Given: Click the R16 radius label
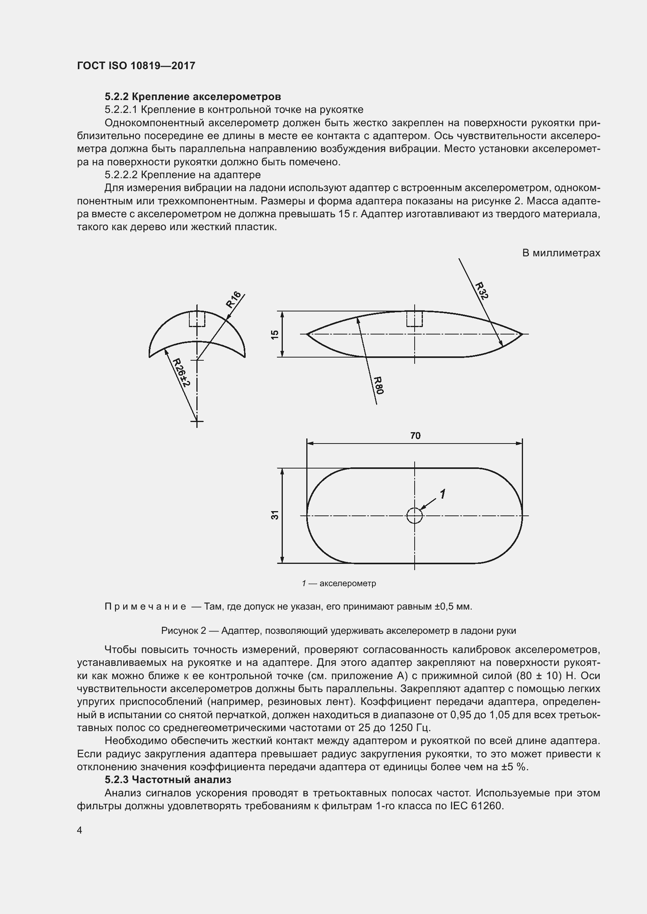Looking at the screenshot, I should click(234, 299).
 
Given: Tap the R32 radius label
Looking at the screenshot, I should click(482, 291).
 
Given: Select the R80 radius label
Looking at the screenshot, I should click(379, 385).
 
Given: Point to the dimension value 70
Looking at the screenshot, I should click(415, 436).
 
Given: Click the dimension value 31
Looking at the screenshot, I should click(275, 515).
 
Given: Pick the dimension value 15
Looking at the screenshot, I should click(275, 334).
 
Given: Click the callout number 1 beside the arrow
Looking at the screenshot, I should click(442, 494).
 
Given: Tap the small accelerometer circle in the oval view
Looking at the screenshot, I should click(414, 516).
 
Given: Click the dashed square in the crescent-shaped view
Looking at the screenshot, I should click(197, 318).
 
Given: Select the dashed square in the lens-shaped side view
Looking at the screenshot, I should click(414, 318).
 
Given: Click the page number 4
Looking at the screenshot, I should click(80, 830).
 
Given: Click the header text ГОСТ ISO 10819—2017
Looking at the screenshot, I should click(136, 66).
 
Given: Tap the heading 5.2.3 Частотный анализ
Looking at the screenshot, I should click(168, 780).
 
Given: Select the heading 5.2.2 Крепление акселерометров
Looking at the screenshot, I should click(193, 97).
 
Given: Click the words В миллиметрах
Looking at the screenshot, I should click(561, 253).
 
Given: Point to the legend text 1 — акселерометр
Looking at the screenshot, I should click(339, 583).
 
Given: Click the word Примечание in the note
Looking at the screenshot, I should click(146, 607).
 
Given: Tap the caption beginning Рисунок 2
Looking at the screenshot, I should click(338, 631).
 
